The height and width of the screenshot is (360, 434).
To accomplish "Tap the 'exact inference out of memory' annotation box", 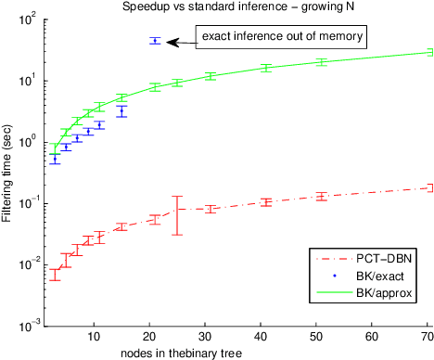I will click(281, 37).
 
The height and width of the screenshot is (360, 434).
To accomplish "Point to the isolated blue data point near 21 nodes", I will click(155, 41).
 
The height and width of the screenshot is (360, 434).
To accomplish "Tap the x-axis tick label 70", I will click(428, 336).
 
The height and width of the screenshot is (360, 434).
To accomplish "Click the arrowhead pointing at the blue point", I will click(171, 41).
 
